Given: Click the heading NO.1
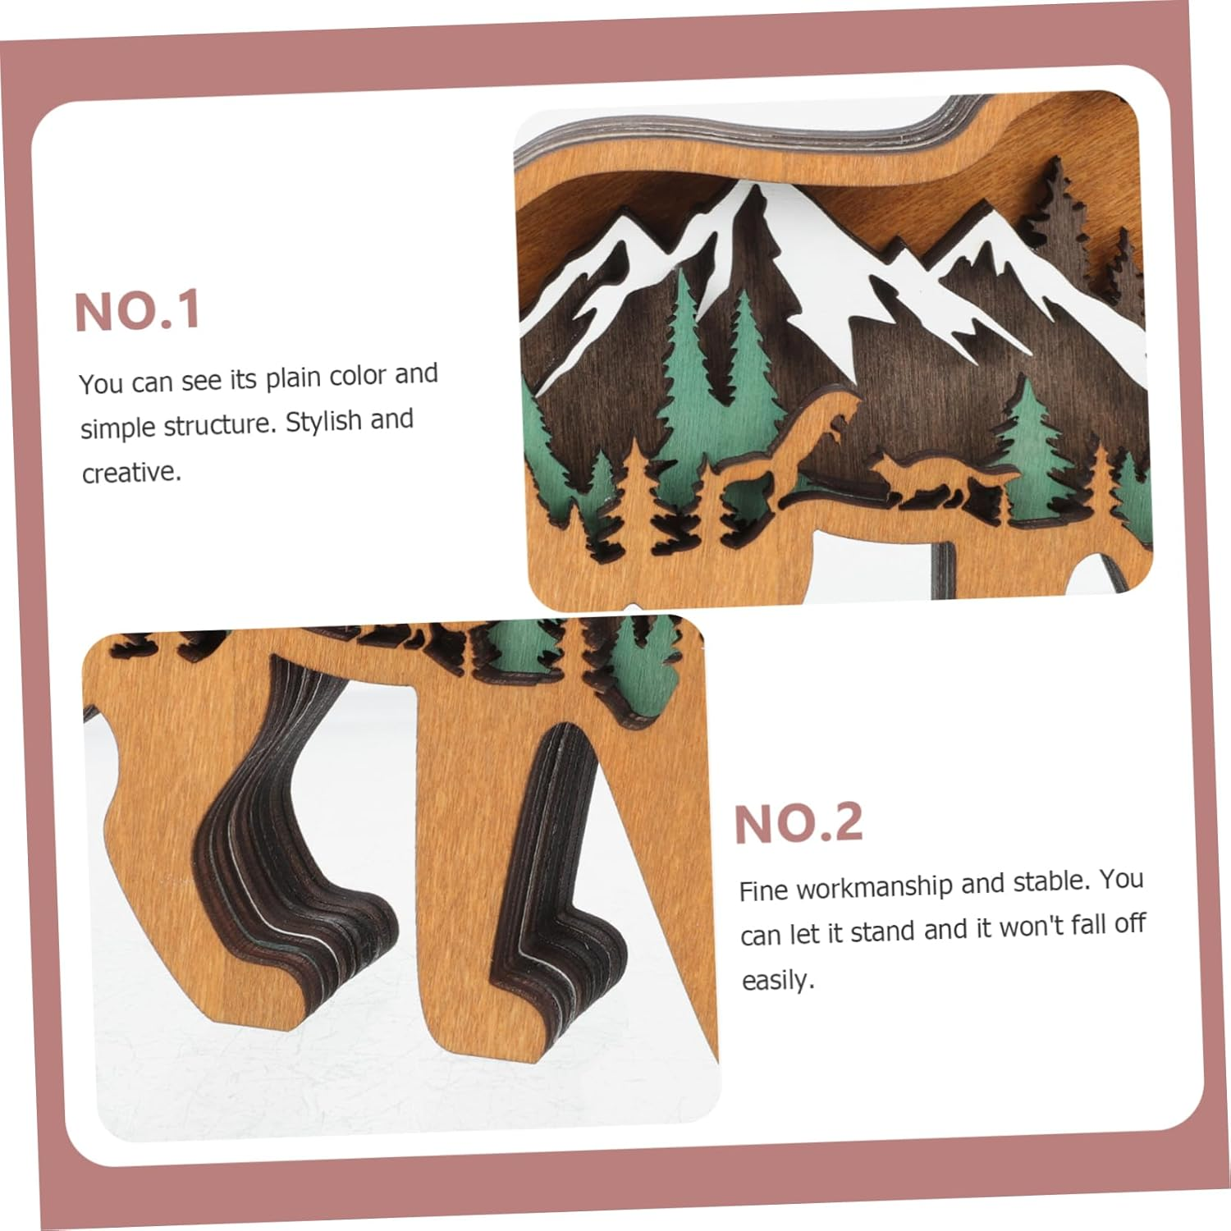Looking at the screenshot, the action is pyautogui.click(x=137, y=311).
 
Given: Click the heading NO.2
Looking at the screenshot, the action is pyautogui.click(x=799, y=824).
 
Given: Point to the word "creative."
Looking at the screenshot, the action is pyautogui.click(x=131, y=472).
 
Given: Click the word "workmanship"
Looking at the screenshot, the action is pyautogui.click(x=874, y=885).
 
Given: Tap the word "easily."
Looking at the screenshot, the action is pyautogui.click(x=778, y=980).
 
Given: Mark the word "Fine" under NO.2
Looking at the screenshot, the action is pyautogui.click(x=764, y=890).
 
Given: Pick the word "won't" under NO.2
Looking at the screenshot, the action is pyautogui.click(x=1023, y=927).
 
